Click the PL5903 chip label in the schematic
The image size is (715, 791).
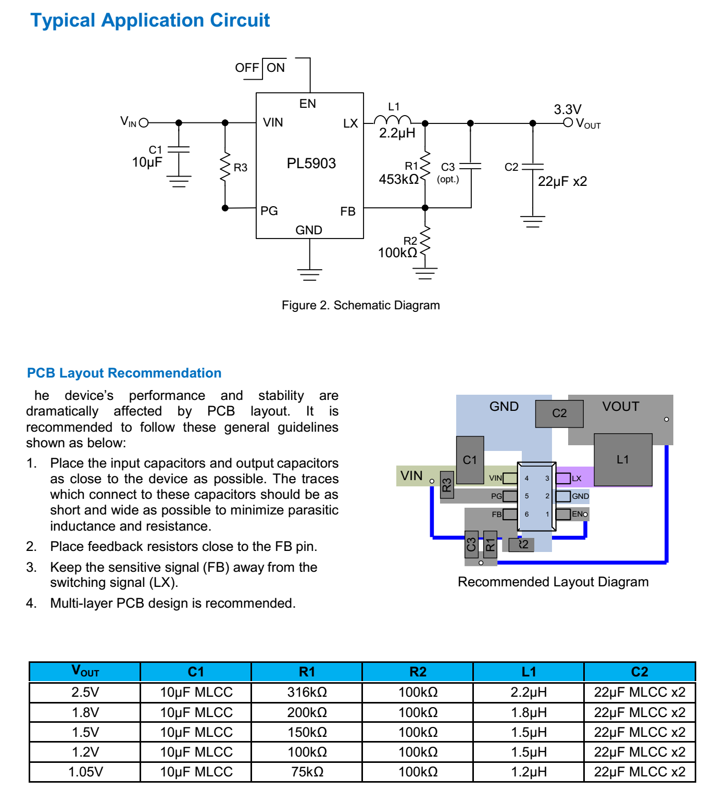311,164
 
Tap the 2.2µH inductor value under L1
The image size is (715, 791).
397,133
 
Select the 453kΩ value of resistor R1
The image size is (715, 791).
398,180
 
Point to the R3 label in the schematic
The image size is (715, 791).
240,168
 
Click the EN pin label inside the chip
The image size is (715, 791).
307,104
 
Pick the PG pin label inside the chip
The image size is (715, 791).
269,211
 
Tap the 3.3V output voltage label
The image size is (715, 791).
567,109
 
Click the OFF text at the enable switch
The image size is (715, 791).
246,68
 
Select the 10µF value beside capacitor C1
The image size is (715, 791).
147,162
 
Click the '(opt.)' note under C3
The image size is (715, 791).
448,180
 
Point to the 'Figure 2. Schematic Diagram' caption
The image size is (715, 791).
360,305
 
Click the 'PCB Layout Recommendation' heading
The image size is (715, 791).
124,373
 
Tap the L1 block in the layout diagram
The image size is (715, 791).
623,459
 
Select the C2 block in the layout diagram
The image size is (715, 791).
559,413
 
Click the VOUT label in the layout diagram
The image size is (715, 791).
620,406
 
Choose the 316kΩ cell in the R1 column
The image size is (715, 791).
307,693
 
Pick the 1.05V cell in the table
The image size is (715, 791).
85,772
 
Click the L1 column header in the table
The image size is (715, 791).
529,672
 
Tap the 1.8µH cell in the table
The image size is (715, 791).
529,712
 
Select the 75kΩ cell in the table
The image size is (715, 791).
307,772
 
